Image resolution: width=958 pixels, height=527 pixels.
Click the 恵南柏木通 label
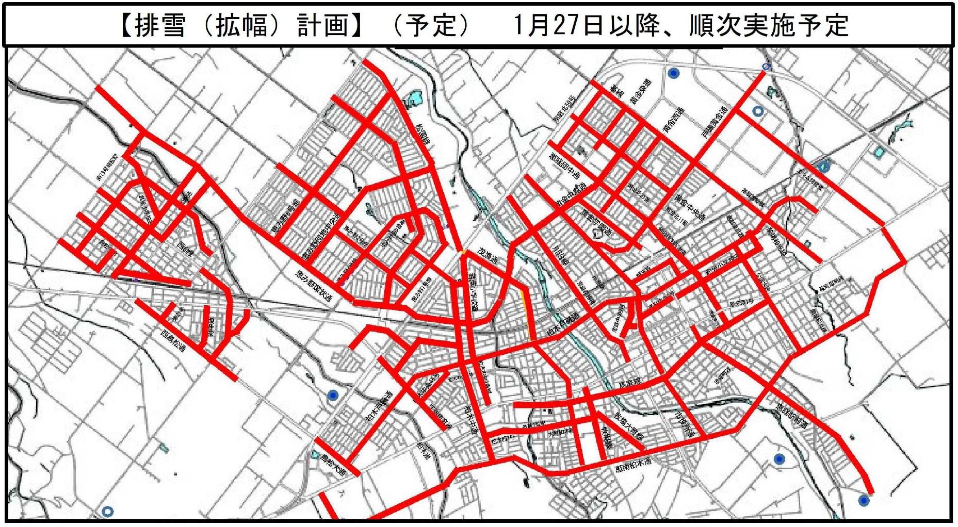click(633, 465)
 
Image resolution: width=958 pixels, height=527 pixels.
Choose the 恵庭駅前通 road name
click(792, 416)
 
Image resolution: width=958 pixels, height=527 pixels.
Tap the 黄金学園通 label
click(596, 223)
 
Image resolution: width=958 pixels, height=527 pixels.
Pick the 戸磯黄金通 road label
click(714, 122)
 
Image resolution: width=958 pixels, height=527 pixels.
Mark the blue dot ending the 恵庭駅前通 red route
click(864, 500)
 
